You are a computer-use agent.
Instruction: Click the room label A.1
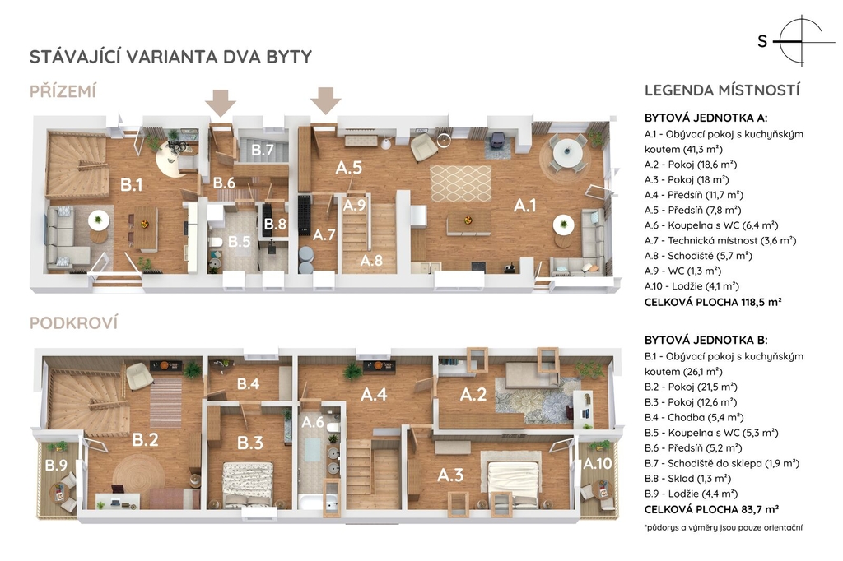[x=524, y=206]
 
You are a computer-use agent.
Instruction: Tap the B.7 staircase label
[x=263, y=150]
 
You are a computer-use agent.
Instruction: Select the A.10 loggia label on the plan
[x=598, y=463]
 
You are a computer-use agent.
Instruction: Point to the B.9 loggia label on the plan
[x=56, y=465]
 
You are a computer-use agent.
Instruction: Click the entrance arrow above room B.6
[x=221, y=103]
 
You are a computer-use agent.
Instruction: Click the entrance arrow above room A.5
[x=326, y=100]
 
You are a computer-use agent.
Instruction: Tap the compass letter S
[x=762, y=41]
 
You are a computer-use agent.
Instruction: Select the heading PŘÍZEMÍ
[x=63, y=92]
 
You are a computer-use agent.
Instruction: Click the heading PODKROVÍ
[x=73, y=323]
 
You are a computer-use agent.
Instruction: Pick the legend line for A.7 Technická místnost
[x=720, y=241]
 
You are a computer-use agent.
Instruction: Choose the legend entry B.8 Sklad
[x=687, y=478]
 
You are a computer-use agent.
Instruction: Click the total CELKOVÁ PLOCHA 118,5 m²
[x=713, y=302]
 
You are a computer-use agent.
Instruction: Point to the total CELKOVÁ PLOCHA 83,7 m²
[x=712, y=509]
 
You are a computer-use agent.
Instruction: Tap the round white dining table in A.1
[x=565, y=153]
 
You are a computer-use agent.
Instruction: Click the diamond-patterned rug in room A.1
[x=461, y=183]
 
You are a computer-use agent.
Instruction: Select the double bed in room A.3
[x=510, y=479]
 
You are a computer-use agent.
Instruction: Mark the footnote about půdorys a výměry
[x=724, y=527]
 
